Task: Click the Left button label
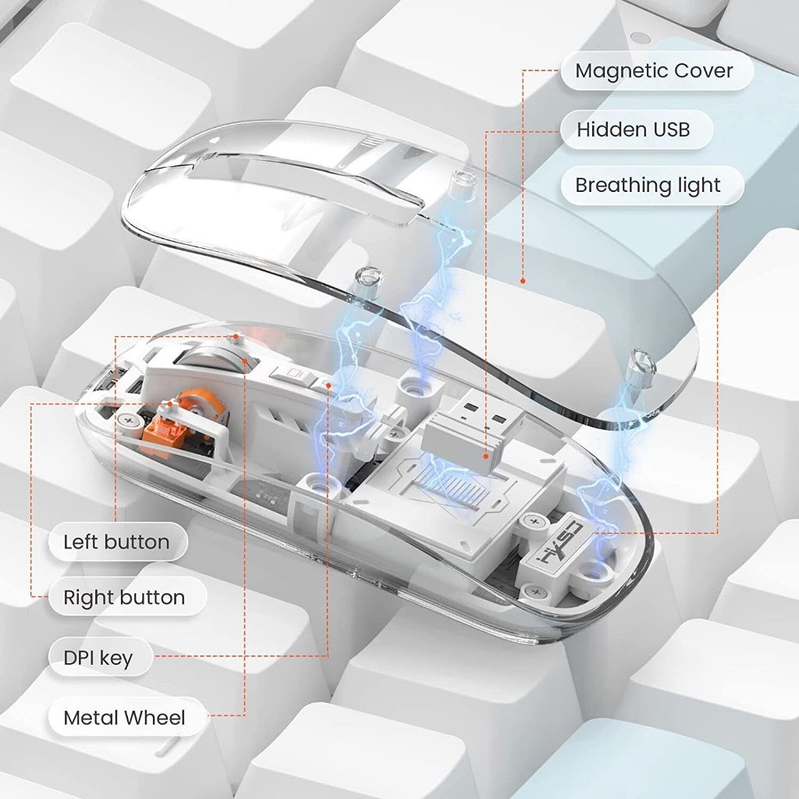pyautogui.click(x=118, y=542)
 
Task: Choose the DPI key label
pyautogui.click(x=101, y=657)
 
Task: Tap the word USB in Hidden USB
pyautogui.click(x=671, y=130)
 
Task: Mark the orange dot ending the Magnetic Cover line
pyautogui.click(x=523, y=281)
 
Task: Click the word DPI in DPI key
pyautogui.click(x=77, y=657)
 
